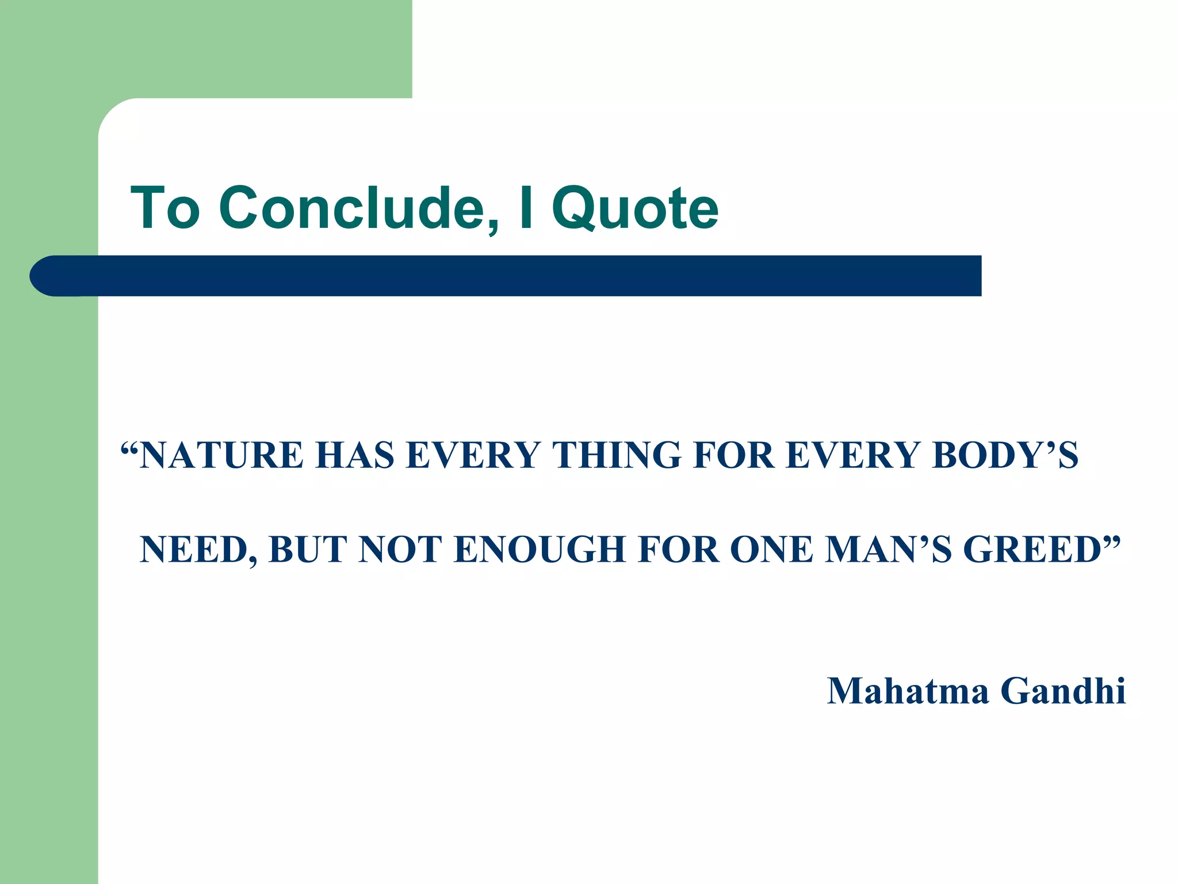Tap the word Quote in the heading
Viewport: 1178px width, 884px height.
tap(635, 209)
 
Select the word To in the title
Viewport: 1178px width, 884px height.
tap(166, 208)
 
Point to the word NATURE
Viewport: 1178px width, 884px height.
tap(221, 455)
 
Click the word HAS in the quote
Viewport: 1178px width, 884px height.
tap(354, 455)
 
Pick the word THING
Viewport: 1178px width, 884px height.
tap(617, 455)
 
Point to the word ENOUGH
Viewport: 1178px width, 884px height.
tap(540, 550)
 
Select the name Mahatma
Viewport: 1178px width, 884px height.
tap(908, 691)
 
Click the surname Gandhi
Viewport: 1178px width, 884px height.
tap(1063, 691)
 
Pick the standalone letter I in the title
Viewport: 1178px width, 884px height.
tap(524, 208)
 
